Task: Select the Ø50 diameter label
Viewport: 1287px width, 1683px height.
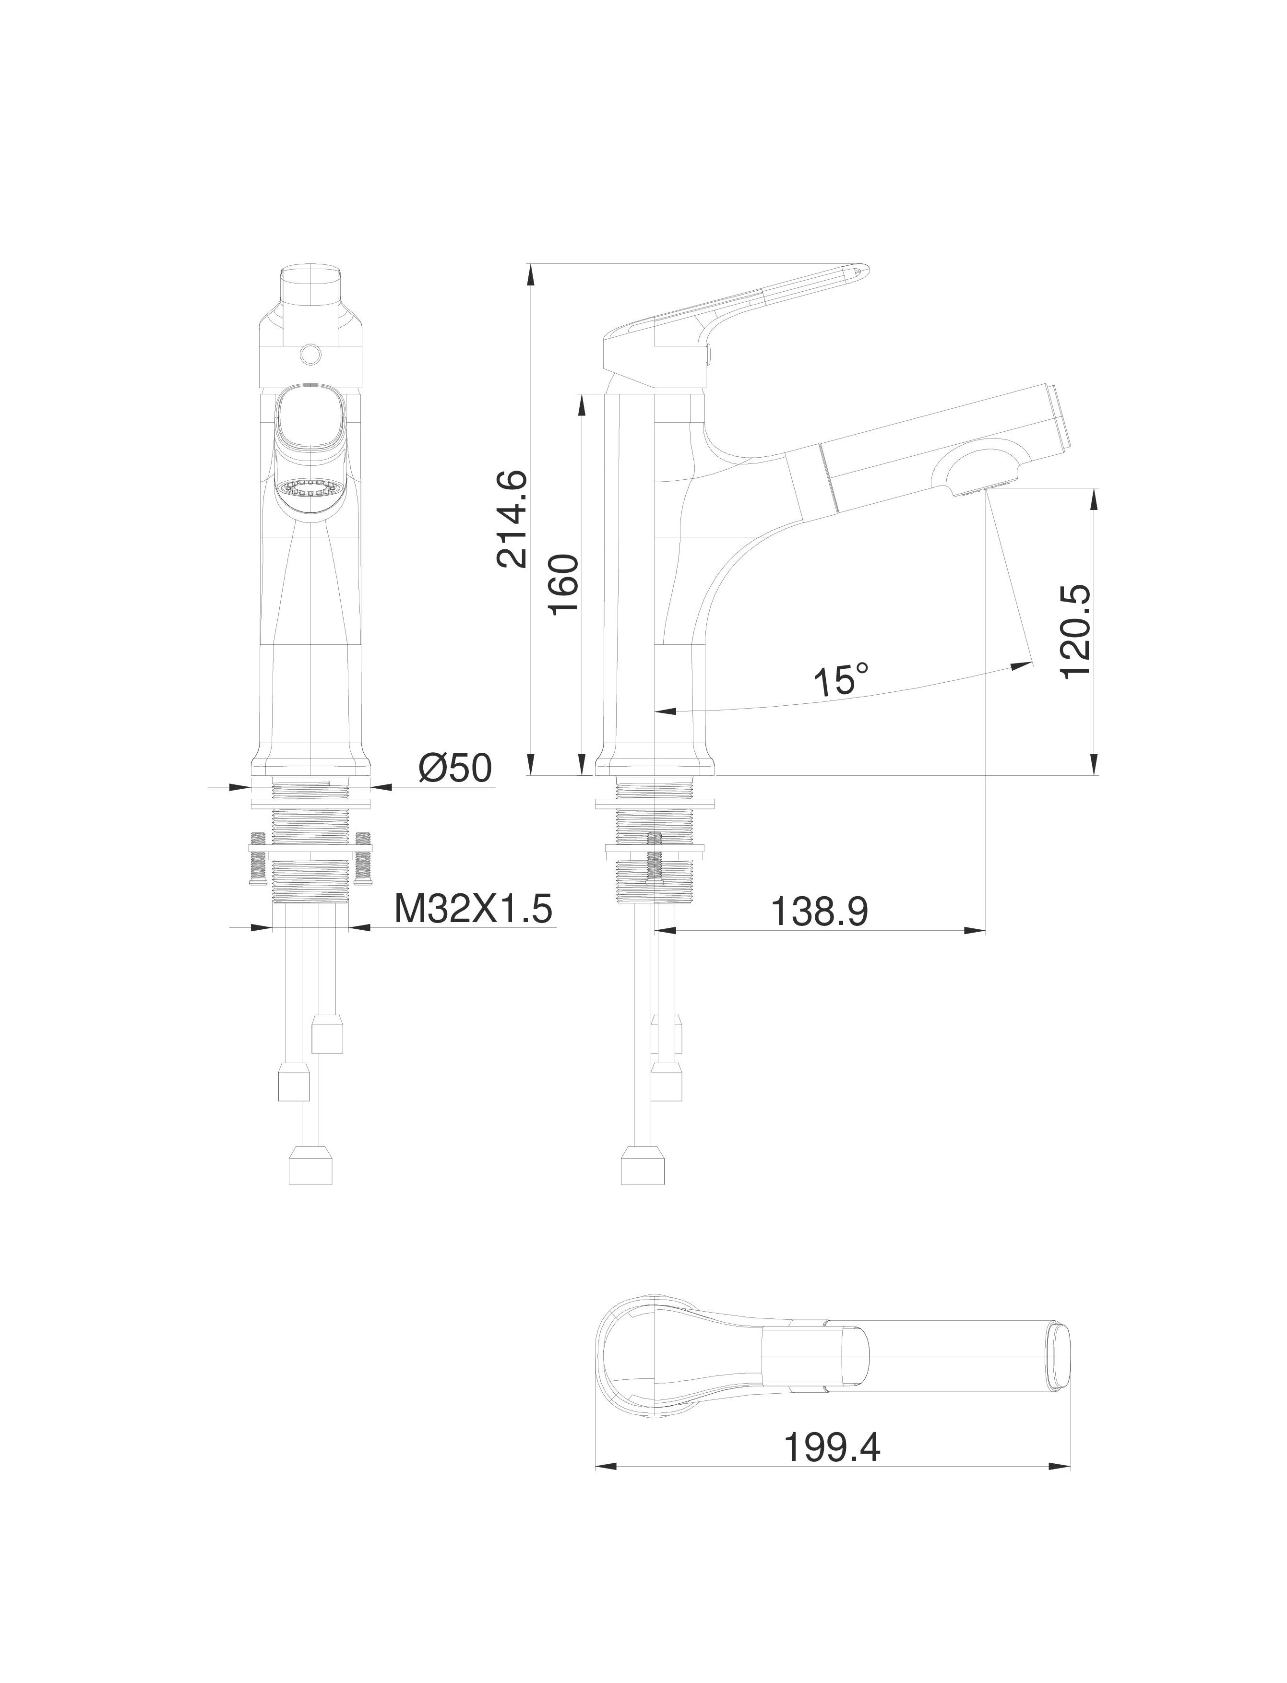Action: [x=455, y=768]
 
